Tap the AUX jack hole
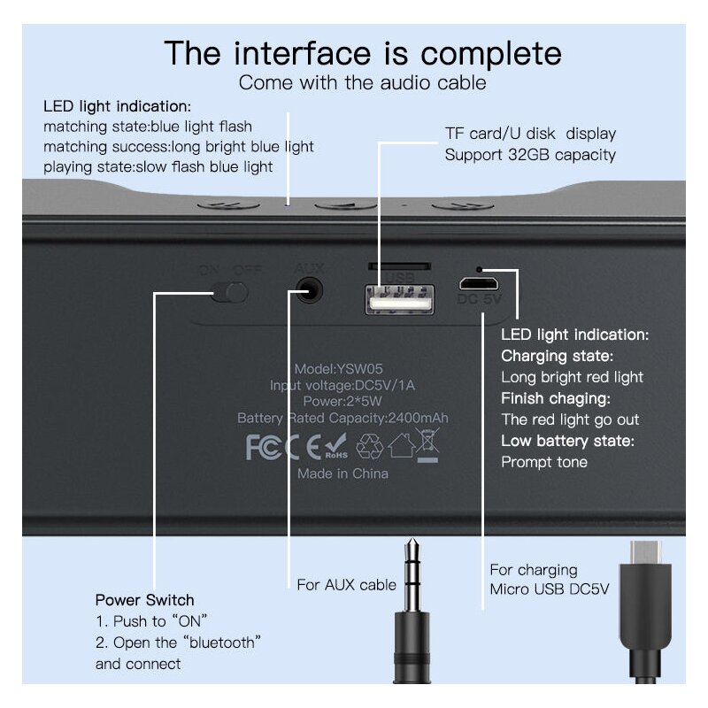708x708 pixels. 308,289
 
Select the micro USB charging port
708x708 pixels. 479,284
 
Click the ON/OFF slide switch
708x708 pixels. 234,291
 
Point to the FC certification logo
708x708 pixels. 264,447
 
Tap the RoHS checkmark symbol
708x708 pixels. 335,445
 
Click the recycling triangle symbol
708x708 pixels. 369,447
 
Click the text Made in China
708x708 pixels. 342,473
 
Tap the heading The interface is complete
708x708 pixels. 363,53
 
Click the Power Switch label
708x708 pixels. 144,600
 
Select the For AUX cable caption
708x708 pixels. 346,585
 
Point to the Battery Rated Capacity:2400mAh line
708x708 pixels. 342,418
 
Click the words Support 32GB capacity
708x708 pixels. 530,155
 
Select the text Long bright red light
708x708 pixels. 572,377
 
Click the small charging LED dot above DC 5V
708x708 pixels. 480,268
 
